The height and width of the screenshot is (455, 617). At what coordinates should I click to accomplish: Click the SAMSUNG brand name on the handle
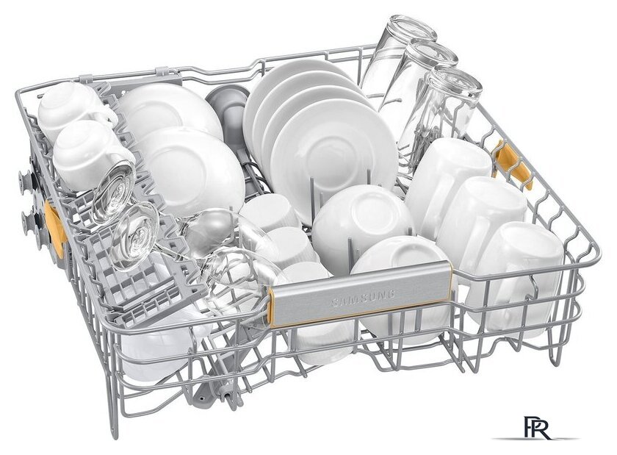tap(363, 298)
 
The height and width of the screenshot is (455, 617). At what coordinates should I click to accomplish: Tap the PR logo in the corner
tap(538, 427)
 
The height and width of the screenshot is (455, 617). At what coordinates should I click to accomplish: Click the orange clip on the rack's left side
tap(54, 229)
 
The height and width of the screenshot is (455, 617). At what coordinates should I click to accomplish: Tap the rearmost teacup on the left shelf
tap(75, 107)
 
